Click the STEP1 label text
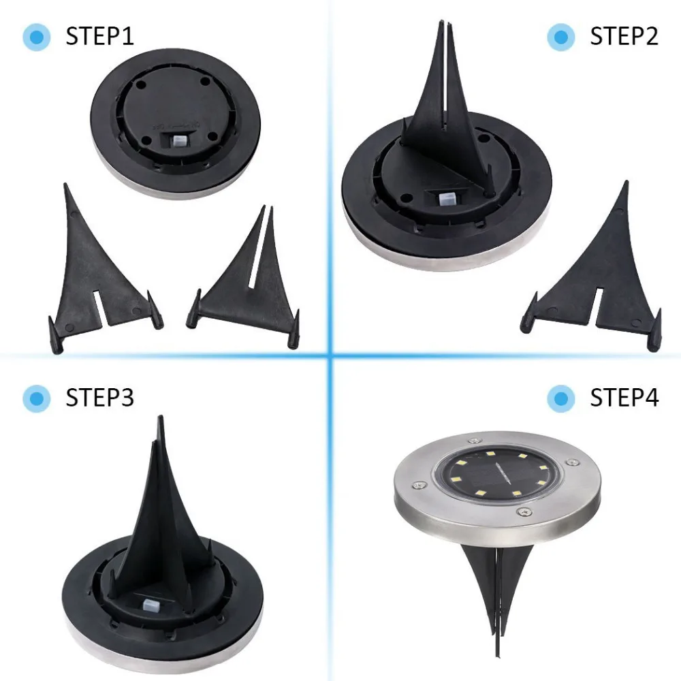[x=99, y=36]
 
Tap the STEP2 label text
[x=624, y=36]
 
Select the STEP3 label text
[x=99, y=398]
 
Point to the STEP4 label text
[x=624, y=398]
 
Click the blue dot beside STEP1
[x=37, y=37]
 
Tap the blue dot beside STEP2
[x=561, y=37]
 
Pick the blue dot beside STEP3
[x=37, y=398]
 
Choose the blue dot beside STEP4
[x=561, y=398]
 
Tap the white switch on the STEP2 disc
[x=445, y=199]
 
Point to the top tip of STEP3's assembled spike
[x=161, y=416]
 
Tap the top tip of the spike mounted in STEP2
[x=442, y=20]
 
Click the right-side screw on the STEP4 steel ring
[x=573, y=462]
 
